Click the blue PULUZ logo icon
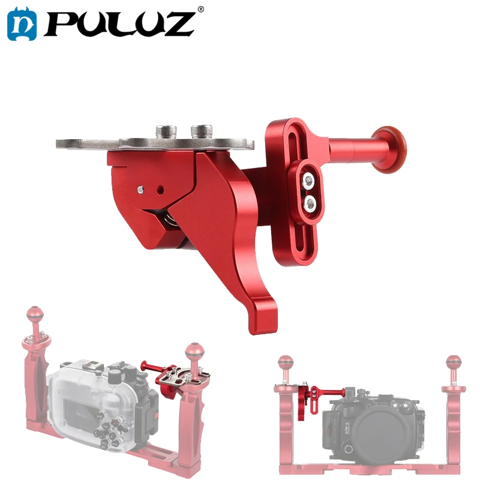[x=22, y=24]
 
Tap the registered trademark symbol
[x=201, y=9]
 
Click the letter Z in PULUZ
[x=177, y=24]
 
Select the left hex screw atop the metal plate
[x=166, y=131]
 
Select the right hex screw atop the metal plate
[x=202, y=131]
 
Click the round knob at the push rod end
[x=390, y=149]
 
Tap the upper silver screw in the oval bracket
[x=308, y=181]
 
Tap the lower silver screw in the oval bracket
[x=310, y=203]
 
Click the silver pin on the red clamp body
[x=140, y=190]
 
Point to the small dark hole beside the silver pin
[x=160, y=190]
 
